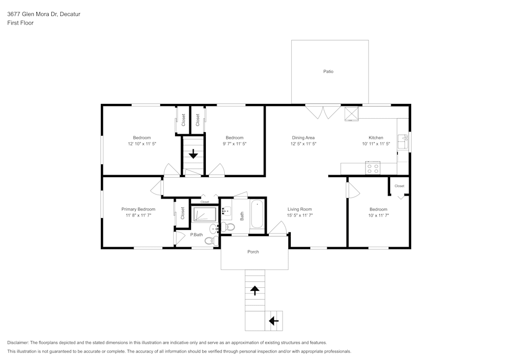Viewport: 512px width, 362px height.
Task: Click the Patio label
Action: click(328, 72)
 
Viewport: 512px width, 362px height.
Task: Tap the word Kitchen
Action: click(376, 138)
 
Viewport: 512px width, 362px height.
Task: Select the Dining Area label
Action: click(303, 138)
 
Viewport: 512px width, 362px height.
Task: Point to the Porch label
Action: click(253, 252)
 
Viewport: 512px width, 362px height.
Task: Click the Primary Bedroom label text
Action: click(138, 209)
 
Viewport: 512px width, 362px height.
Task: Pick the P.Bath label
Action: click(197, 235)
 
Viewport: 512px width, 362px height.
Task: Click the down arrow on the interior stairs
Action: click(194, 154)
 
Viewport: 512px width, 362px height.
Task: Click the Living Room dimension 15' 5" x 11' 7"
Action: click(300, 216)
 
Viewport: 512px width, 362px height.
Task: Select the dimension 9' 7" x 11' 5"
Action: click(234, 144)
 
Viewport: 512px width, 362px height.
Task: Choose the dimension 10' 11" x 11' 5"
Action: click(376, 144)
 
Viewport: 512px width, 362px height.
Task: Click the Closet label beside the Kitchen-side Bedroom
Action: click(399, 186)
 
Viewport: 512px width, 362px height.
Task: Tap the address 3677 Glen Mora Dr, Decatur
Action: click(44, 14)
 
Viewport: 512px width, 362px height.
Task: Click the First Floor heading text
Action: click(20, 23)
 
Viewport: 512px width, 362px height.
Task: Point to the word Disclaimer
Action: click(18, 343)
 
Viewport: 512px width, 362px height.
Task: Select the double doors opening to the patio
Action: click(323, 112)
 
